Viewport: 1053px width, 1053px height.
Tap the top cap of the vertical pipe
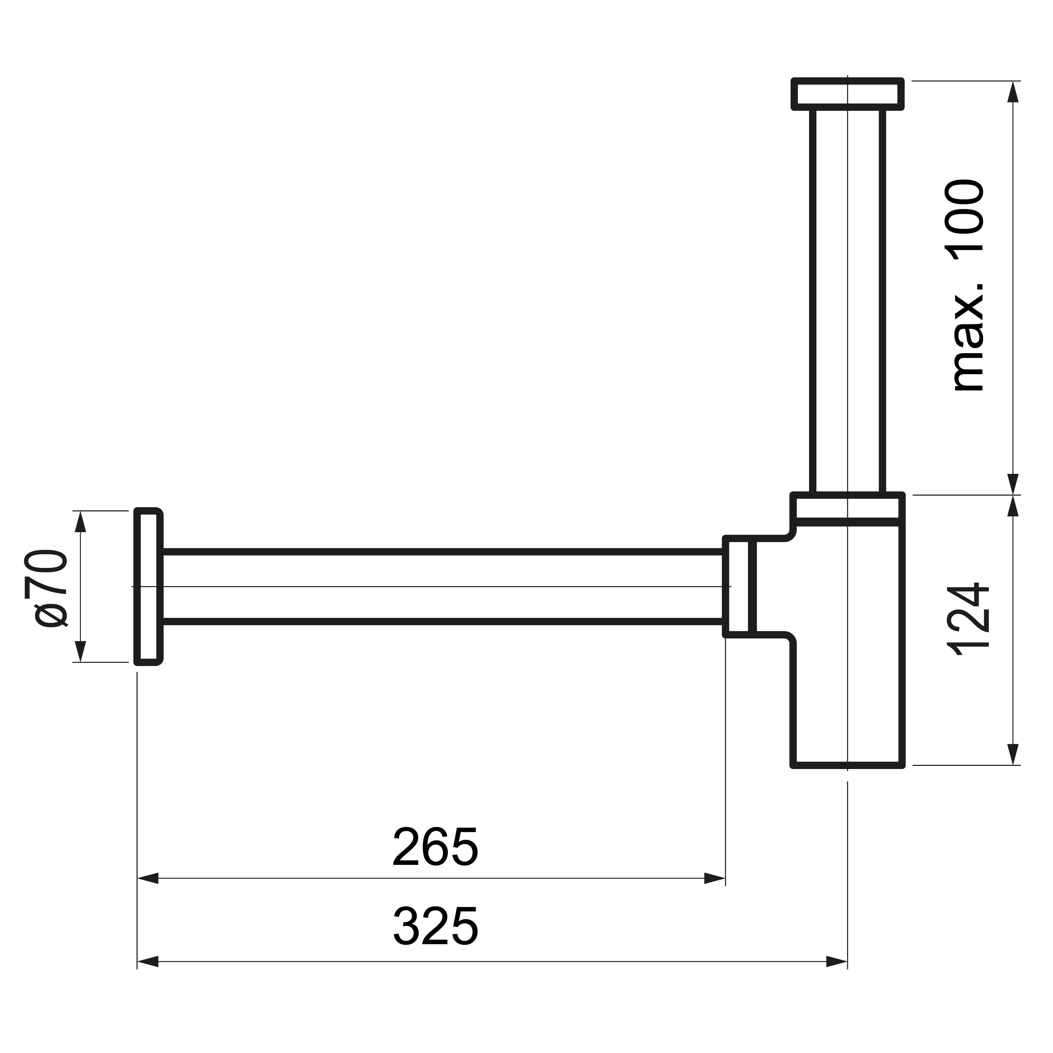coord(848,94)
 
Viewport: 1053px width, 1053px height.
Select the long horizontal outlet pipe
coord(443,587)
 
